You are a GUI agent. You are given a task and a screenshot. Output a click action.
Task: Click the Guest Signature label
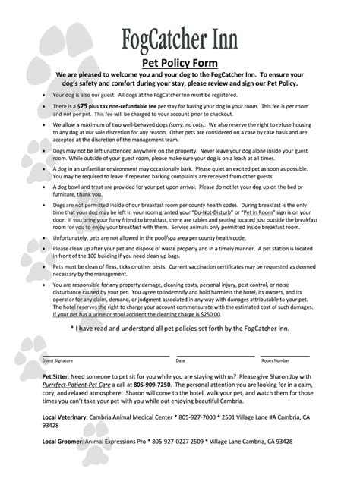click(58, 361)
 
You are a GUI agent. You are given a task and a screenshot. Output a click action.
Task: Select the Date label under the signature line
click(180, 361)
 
